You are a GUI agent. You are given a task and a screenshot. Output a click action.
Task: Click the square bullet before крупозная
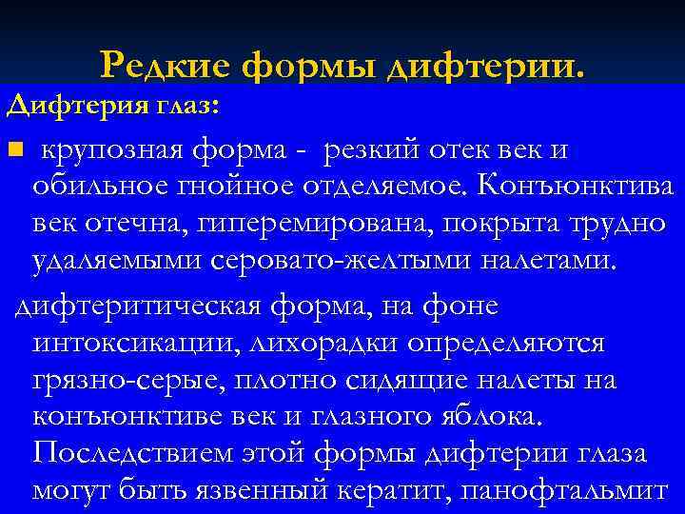[x=12, y=150]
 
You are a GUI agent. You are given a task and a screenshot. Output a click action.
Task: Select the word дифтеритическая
[x=141, y=306]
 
